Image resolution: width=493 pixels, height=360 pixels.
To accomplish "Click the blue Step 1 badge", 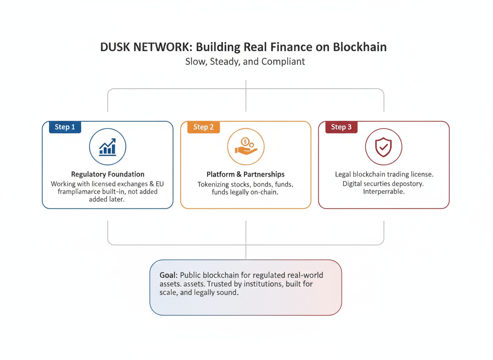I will (x=65, y=127).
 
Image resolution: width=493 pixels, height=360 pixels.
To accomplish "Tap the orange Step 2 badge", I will (x=203, y=127).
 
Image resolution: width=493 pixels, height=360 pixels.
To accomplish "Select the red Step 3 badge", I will (x=341, y=127).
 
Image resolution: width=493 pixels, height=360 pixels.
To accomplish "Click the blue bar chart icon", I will (x=107, y=147).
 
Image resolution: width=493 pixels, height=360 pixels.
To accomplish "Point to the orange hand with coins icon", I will (x=245, y=147).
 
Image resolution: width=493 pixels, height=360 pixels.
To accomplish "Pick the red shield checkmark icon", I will (x=383, y=147).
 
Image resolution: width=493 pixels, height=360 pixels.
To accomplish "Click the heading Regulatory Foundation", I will (x=107, y=174).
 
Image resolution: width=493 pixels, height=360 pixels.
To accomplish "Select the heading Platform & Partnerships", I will (x=245, y=174).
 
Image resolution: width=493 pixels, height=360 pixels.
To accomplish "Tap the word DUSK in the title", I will (x=115, y=47).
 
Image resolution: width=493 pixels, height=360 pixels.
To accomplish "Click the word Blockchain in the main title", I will (x=360, y=47).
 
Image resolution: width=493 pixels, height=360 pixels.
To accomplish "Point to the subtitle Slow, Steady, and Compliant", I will (x=245, y=62).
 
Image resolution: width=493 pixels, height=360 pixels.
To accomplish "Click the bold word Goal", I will (x=169, y=275).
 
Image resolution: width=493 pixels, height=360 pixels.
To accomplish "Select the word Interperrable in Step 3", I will (x=383, y=192).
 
